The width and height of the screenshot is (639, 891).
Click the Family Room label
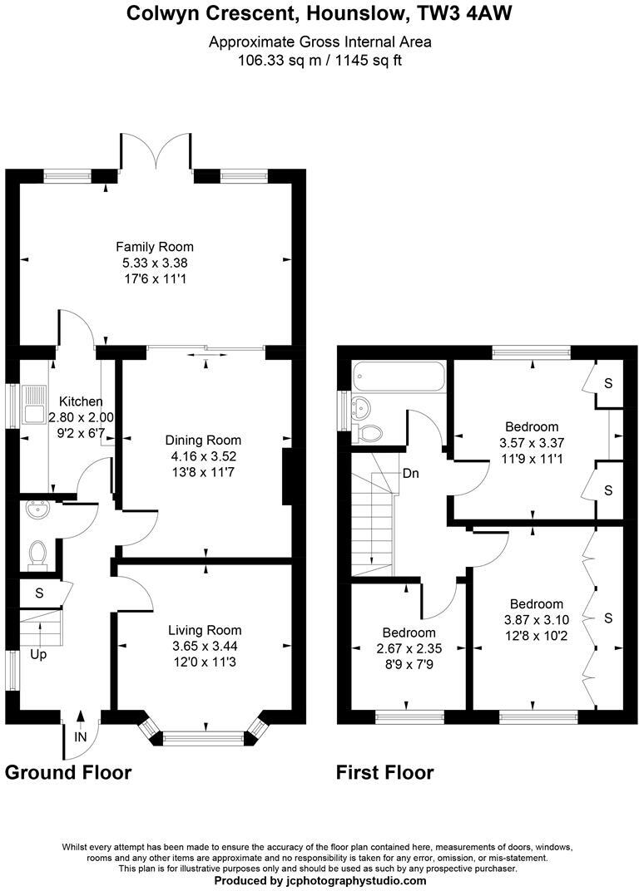(155, 247)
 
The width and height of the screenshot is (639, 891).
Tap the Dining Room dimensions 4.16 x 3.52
(203, 455)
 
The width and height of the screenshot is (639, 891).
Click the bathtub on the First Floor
(397, 377)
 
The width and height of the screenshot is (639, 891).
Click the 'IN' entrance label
(81, 736)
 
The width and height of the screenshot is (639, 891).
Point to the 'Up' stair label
(38, 654)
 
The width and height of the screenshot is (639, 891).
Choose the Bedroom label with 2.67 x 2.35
(409, 633)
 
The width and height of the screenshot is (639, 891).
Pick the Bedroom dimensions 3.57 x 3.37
(532, 443)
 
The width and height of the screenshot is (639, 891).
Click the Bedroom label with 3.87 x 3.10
(536, 604)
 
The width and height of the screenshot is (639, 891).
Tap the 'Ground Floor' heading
(68, 772)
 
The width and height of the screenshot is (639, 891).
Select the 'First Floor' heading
(384, 772)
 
